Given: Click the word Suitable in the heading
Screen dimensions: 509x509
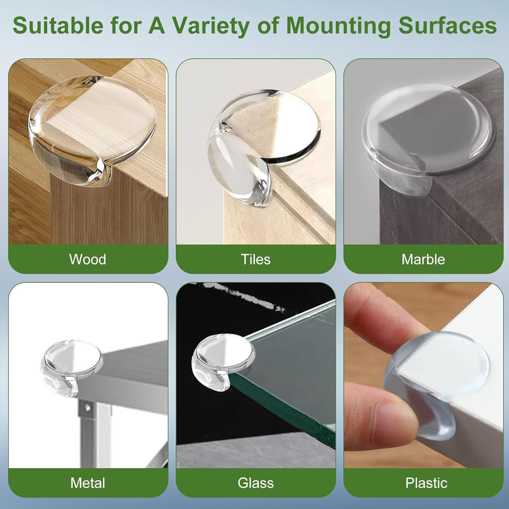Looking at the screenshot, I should (58, 26).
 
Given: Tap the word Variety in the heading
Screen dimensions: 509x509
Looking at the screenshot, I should (211, 26).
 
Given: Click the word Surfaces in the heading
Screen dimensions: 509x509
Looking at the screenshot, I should (447, 26).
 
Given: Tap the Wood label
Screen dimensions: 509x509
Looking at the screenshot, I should (88, 259).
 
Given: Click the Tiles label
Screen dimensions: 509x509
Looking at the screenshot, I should (256, 259).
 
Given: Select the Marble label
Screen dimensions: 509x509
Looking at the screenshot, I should (423, 259).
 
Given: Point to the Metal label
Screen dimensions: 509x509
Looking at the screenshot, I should (88, 483).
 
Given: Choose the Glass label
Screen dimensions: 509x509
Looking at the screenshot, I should (256, 483).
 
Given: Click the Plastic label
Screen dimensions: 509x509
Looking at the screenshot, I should (426, 483).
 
